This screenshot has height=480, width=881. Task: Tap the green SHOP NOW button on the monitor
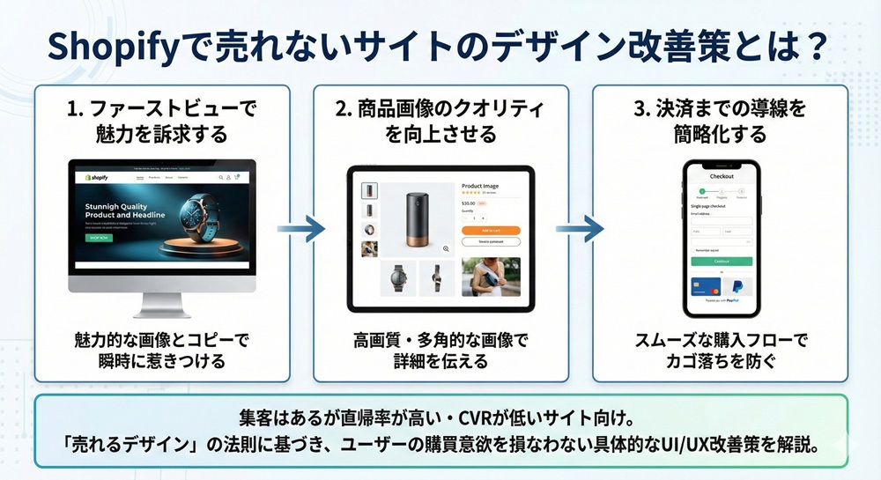(98, 238)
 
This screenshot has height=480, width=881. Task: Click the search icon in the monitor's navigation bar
(220, 177)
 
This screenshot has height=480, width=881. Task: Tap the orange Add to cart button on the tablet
(491, 230)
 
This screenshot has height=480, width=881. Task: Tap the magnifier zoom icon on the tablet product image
(447, 248)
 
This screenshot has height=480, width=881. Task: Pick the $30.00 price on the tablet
(469, 203)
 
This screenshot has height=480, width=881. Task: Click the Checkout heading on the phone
(722, 176)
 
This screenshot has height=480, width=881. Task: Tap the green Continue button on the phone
(722, 262)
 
